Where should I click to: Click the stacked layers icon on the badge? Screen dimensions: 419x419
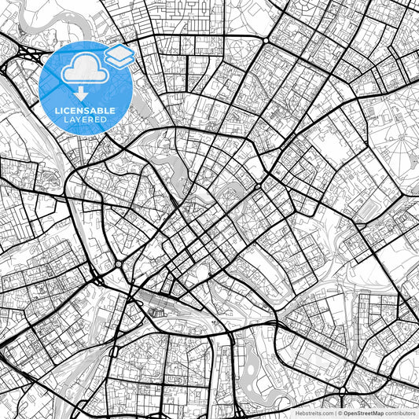coord(118,55)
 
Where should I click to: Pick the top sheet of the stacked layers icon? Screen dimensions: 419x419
coord(118,51)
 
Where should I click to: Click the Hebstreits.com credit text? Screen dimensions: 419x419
coord(314,413)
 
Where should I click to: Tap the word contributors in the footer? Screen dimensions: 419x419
coord(401,413)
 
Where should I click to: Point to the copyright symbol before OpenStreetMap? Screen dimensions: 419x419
coord(341,413)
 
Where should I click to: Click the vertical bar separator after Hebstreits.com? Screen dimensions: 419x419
coord(336,413)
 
